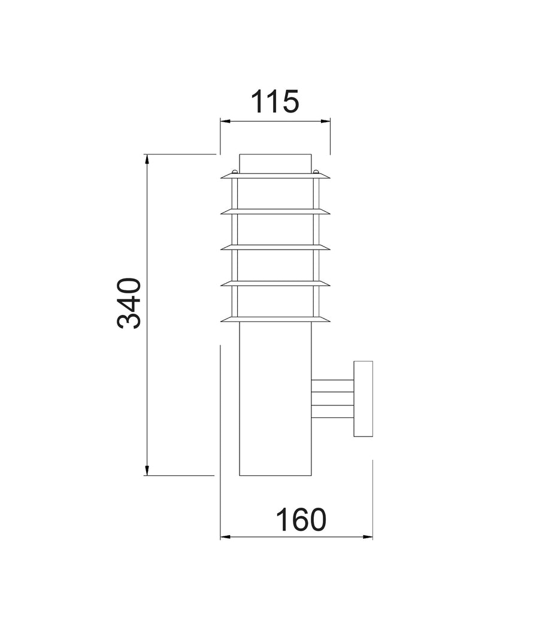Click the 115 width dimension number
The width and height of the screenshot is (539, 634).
(x=274, y=102)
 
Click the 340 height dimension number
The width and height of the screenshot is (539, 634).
(x=129, y=303)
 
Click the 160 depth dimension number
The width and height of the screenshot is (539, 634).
(x=301, y=520)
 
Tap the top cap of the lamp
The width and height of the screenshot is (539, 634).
(x=275, y=163)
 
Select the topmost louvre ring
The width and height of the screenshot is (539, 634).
(x=275, y=176)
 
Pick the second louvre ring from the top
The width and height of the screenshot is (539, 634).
(x=275, y=211)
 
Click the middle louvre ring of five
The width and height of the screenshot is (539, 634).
(x=275, y=247)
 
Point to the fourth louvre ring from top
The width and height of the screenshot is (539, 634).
(x=275, y=283)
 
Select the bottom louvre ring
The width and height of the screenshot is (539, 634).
(x=275, y=319)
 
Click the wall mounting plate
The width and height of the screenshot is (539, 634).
(x=363, y=399)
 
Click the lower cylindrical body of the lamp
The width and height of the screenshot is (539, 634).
(x=275, y=407)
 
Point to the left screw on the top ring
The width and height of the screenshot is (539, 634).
(x=235, y=172)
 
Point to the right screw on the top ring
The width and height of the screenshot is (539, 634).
(x=316, y=172)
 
